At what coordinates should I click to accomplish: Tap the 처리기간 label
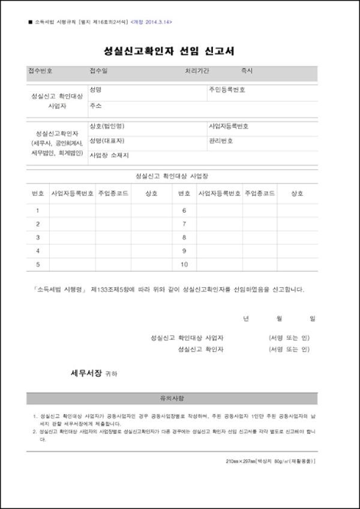pos(197,70)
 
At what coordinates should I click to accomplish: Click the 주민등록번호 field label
pos(227,90)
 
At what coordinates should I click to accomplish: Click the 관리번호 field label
pos(221,141)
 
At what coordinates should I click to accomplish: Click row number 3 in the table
pos(38,237)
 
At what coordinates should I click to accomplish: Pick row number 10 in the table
pos(184,265)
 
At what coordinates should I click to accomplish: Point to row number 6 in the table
pos(184,210)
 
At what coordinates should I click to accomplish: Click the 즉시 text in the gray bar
pos(247,70)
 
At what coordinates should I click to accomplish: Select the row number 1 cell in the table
pos(38,210)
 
